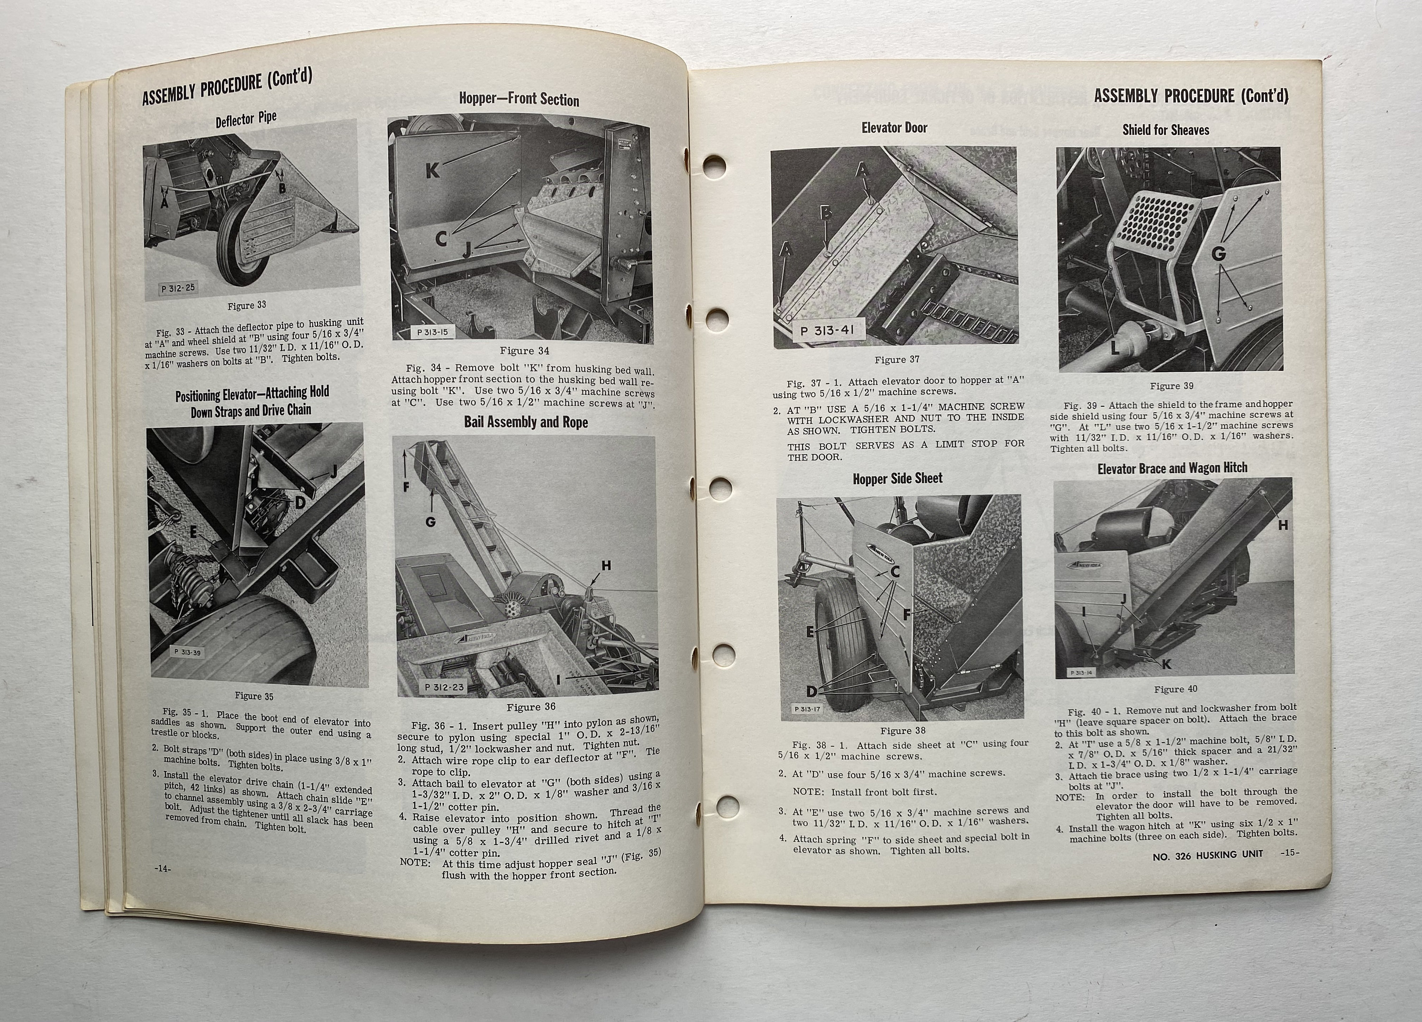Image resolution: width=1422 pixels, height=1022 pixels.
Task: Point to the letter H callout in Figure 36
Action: [606, 566]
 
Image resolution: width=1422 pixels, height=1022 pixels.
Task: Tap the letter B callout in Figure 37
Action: [826, 213]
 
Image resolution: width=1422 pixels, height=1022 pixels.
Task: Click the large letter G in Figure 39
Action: [1218, 254]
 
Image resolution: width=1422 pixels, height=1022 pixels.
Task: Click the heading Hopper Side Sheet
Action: [897, 479]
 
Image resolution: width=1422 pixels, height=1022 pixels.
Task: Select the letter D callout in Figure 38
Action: [812, 691]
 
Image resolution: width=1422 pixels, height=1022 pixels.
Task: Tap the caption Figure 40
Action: [1176, 689]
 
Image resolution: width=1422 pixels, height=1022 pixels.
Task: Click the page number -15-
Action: [1290, 853]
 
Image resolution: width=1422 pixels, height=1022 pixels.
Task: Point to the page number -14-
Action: [163, 868]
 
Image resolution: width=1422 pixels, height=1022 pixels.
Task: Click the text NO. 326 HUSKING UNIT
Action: [1208, 853]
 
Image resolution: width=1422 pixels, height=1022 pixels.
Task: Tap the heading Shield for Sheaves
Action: [1166, 130]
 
